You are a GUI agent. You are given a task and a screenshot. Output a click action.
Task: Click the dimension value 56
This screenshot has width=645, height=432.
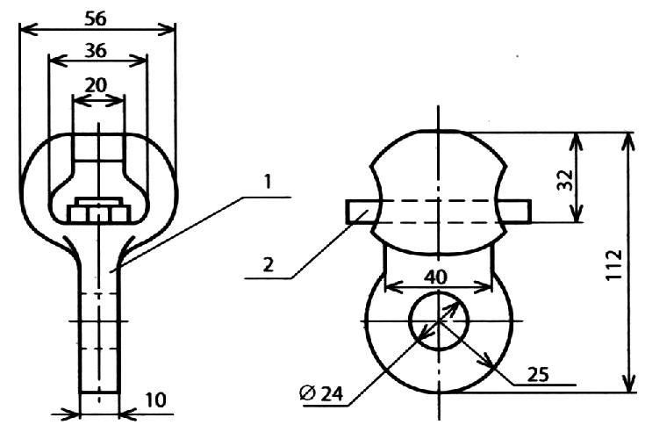[96, 18]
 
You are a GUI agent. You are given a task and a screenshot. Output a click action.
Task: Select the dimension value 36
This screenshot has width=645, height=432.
[96, 51]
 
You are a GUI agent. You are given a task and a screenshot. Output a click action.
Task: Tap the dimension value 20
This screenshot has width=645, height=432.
[96, 85]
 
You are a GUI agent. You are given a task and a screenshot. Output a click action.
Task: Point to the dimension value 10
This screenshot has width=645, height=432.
[156, 400]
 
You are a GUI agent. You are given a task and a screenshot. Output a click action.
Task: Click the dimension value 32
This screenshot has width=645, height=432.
[565, 180]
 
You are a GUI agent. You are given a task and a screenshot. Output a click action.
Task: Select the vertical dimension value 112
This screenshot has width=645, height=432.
[614, 265]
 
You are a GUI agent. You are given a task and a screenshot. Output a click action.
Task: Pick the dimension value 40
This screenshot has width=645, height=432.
[435, 277]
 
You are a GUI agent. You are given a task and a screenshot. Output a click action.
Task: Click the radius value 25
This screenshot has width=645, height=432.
[538, 374]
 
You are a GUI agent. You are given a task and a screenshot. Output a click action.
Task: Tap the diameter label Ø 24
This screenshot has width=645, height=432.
[321, 393]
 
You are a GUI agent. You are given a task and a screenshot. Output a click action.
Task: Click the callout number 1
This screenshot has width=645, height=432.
[268, 182]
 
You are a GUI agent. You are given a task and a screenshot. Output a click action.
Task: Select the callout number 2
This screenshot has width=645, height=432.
[269, 264]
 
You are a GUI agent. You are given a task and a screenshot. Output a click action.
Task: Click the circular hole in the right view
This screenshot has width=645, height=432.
[439, 320]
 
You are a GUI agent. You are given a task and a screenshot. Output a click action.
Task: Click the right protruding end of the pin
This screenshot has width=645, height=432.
[516, 212]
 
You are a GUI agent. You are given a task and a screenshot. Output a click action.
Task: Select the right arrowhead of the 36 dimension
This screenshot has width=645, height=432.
[139, 61]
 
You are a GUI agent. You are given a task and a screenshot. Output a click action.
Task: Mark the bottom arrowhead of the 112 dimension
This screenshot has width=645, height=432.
[628, 384]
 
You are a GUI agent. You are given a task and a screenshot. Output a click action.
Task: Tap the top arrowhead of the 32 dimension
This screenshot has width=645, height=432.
[577, 142]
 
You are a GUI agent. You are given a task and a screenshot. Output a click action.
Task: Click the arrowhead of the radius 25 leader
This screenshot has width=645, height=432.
[486, 360]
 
